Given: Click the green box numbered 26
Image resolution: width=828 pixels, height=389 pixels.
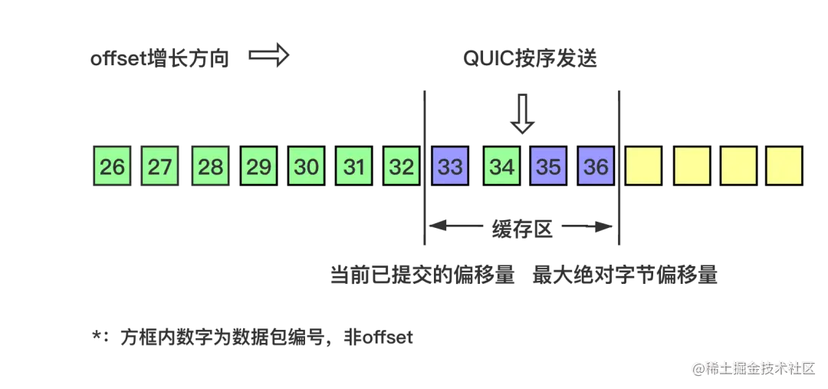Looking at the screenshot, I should point(112,166).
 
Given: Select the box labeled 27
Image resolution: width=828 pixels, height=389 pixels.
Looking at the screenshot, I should point(160,166).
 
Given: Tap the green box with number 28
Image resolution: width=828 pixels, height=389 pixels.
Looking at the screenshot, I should point(210,166).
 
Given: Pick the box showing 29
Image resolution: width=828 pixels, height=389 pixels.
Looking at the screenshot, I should point(259,166).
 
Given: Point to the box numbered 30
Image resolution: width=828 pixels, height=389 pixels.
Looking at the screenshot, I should point(307,166).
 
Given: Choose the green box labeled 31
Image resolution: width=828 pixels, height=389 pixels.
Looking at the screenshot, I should point(354,166).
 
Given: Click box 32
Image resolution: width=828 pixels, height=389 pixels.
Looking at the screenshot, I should point(402,166).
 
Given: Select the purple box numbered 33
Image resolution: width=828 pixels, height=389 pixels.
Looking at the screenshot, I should point(451,166).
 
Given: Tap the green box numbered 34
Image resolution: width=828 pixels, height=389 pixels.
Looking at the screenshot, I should point(501,166).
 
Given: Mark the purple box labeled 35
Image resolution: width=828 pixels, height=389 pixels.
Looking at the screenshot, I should point(549,166).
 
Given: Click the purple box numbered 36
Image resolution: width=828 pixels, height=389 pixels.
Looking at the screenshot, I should point(596,166).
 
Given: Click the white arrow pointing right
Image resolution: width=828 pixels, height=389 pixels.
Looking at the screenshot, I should point(269,56).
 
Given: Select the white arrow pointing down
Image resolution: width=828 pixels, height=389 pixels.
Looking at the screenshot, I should point(523,113).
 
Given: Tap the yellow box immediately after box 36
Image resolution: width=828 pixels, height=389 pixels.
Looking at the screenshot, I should point(644,166).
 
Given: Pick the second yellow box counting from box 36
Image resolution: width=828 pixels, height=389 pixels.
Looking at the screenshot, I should point(692,166).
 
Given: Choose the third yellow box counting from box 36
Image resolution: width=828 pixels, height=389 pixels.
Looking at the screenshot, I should point(738,166).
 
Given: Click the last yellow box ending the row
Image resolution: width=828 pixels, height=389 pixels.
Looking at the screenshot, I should point(784,166).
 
